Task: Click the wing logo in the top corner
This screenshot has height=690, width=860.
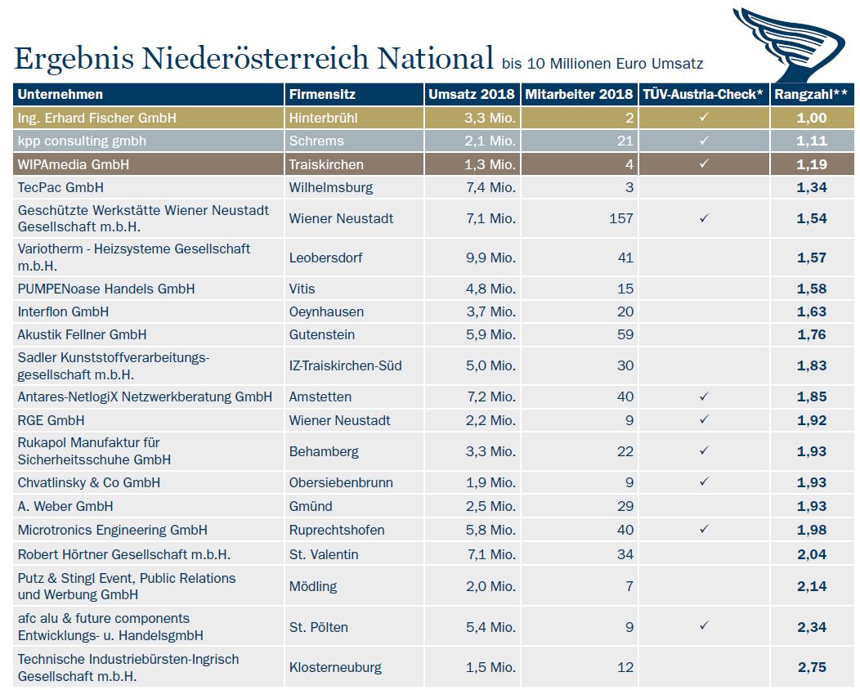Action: [x=790, y=43]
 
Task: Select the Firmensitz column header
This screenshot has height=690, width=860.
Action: [x=322, y=94]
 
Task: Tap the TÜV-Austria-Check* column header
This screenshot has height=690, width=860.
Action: [x=703, y=94]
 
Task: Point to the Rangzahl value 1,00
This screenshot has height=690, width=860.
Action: [x=812, y=118]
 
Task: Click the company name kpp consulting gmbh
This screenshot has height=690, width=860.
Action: [x=82, y=141]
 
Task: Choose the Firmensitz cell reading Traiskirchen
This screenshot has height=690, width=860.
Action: [x=326, y=164]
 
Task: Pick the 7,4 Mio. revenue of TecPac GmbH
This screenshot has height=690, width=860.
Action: [x=490, y=187]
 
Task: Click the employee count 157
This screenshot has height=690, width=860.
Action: [x=621, y=218]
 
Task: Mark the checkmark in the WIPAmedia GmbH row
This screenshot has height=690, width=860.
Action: [x=704, y=164]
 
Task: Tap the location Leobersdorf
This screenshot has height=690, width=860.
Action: [x=326, y=258]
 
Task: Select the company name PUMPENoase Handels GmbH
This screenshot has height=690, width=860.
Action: [x=105, y=289]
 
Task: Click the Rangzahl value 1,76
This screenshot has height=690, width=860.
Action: [x=812, y=334]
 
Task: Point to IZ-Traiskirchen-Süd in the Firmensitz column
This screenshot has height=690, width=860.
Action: [x=346, y=365]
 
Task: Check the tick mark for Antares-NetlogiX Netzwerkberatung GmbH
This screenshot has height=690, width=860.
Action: [x=704, y=396]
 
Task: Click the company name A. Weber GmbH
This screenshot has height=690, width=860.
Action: [x=65, y=506]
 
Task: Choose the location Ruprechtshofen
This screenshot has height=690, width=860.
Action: [x=337, y=531]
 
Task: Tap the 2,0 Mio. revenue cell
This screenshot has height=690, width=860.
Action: [x=490, y=586]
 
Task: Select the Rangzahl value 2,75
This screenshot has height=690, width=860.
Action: [x=812, y=667]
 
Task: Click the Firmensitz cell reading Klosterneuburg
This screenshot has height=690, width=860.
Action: [x=335, y=667]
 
